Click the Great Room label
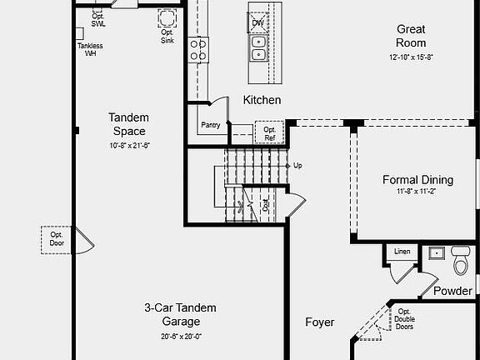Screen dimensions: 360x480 (411, 36)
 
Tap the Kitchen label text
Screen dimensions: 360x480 (262, 100)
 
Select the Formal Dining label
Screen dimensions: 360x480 (417, 179)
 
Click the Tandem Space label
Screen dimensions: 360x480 (128, 125)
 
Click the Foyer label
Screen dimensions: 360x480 (320, 322)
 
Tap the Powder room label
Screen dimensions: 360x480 (452, 291)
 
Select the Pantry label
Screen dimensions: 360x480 (210, 126)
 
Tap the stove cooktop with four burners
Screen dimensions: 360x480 (198, 50)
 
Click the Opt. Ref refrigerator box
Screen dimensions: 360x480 (270, 133)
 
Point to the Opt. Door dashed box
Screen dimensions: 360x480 (57, 240)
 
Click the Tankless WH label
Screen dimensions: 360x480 (91, 49)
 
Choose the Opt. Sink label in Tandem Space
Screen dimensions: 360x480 (167, 36)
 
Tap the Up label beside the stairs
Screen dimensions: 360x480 (297, 165)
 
